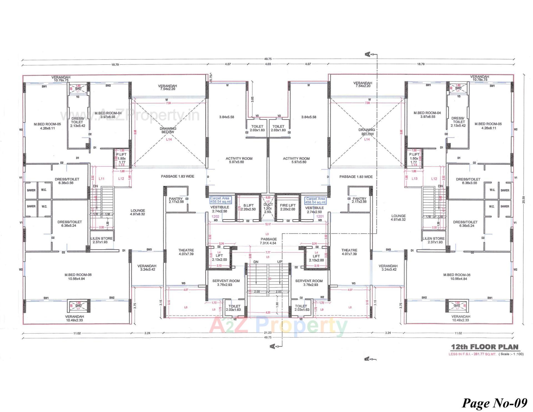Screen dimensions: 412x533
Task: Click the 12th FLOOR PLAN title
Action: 484,347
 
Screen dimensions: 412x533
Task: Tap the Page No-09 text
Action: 494,403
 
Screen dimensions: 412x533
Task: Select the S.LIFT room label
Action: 248,207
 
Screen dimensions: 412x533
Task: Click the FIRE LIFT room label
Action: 288,207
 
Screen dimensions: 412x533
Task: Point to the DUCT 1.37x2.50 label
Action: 268,208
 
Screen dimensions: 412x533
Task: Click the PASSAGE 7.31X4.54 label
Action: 268,241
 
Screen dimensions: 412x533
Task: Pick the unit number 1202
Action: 215,216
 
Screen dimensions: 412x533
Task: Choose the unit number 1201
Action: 320,216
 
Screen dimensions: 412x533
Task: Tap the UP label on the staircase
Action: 280,262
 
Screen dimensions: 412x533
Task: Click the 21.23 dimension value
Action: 268,333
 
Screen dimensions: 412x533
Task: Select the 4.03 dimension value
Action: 268,64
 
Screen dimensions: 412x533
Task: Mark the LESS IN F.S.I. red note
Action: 472,354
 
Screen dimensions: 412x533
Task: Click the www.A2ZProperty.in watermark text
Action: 130,115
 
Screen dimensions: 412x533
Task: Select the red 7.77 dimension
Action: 268,252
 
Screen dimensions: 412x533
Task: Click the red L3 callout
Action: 267,234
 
